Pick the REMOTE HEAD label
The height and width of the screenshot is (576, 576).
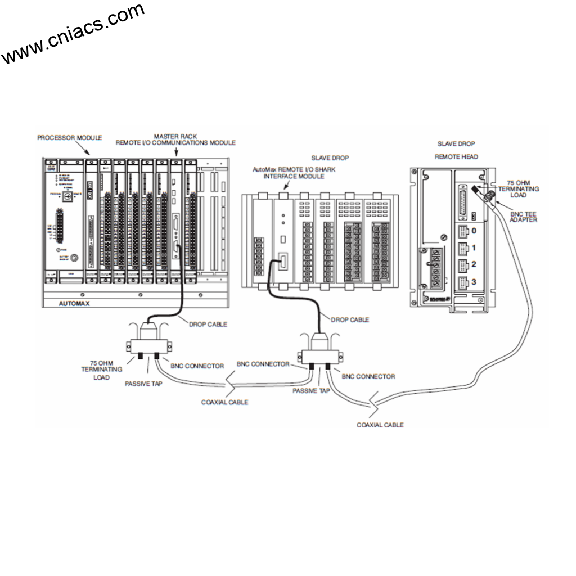tap(456, 156)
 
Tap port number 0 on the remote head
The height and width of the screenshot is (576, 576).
tap(474, 231)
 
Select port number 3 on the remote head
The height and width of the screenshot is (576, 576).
tap(474, 281)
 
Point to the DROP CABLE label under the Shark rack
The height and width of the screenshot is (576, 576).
tap(350, 319)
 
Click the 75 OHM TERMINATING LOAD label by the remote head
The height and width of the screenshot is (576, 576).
tap(523, 190)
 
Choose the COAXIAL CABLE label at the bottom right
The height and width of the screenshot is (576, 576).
tap(380, 425)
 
